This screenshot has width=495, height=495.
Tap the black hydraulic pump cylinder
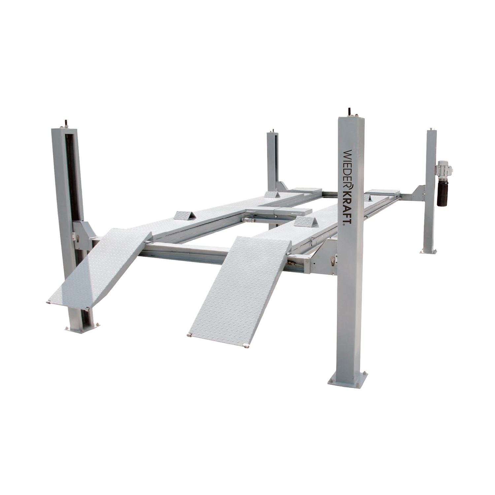(x=442, y=193)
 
